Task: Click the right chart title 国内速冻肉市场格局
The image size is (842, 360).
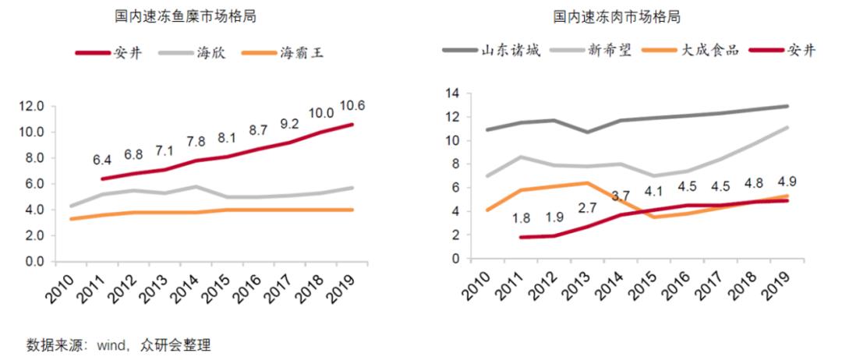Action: pos(617,16)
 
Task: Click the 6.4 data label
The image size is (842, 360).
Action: pos(103,161)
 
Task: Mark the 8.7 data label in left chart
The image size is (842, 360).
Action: pos(258,129)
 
